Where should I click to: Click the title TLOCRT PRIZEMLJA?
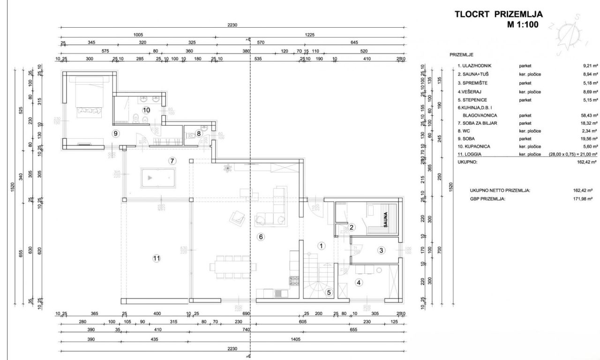499,14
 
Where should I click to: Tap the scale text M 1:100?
522,25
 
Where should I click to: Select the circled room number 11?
157,257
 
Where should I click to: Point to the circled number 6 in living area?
261,237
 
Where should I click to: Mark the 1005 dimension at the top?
138,35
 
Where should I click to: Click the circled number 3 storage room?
382,250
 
